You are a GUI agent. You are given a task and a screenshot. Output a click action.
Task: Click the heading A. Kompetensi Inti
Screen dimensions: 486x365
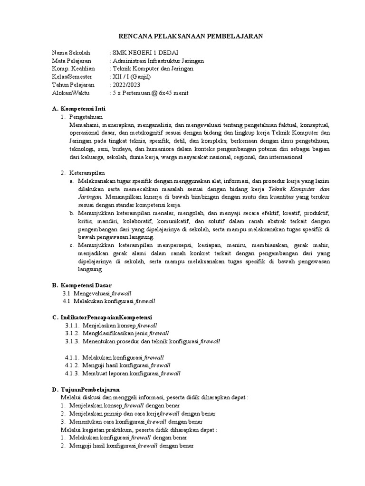(79, 109)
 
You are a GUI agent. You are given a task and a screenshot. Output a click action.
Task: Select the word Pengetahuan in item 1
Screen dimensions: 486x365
(86, 117)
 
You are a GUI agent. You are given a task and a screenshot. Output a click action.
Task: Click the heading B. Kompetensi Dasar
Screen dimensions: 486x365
(82, 285)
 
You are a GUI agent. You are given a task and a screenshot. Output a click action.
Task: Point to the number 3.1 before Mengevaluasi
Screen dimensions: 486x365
(66, 293)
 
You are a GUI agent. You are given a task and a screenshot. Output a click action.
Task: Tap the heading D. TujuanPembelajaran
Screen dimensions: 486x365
(86, 389)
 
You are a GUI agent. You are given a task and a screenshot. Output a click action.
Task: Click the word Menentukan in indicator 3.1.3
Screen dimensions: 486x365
(98, 341)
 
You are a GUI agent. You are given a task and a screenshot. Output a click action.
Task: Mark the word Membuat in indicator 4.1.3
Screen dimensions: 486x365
(94, 374)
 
